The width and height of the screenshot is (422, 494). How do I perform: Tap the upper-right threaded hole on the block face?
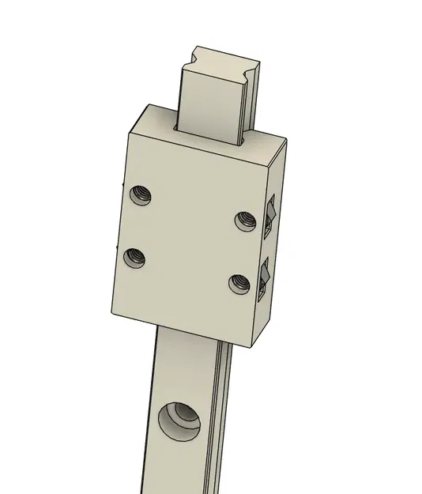click(x=243, y=220)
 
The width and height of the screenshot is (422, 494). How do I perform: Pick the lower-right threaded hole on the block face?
click(x=239, y=282)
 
